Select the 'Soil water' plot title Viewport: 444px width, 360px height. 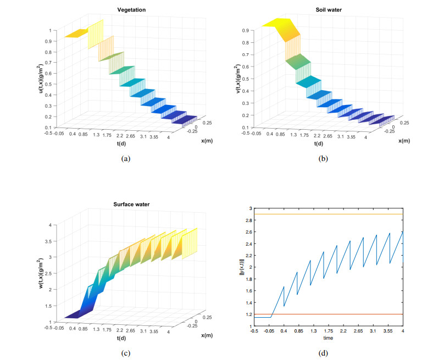(x=331, y=10)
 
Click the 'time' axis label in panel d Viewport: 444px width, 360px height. (x=328, y=338)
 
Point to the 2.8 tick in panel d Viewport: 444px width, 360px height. (x=247, y=220)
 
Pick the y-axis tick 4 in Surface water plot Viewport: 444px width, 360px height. (x=51, y=225)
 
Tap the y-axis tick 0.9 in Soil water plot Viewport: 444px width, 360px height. (x=245, y=30)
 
